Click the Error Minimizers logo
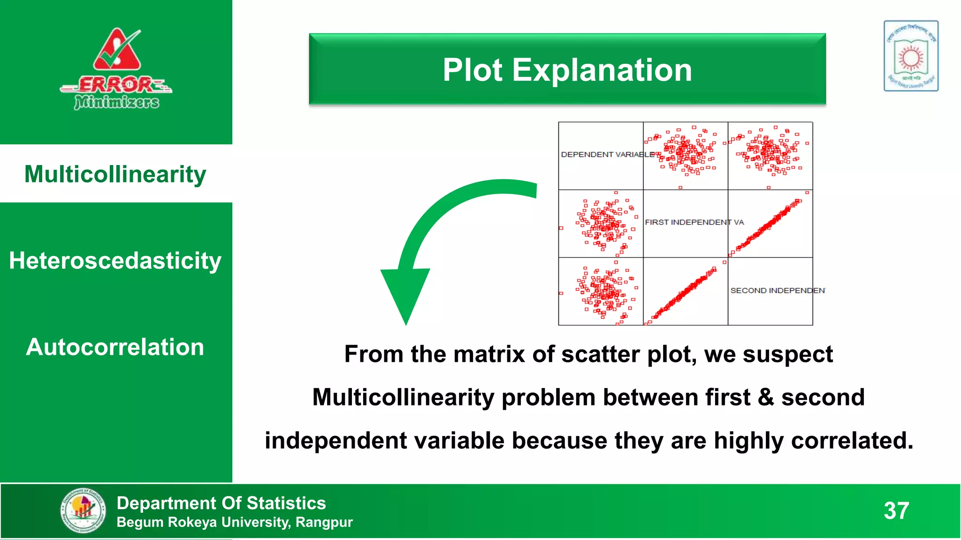point(116,69)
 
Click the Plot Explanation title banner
point(567,69)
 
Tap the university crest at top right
point(911,56)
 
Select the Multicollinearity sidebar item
point(115,174)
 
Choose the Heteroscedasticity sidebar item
point(115,261)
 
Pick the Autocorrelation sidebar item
point(115,347)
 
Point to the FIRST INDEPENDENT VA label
point(694,222)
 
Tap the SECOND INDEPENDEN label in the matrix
point(777,291)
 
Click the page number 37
point(896,510)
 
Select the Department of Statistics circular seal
point(83,510)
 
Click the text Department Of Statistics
point(221,503)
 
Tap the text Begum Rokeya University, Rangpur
point(235,522)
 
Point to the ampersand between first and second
point(766,397)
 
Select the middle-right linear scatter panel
point(770,224)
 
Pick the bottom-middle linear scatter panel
point(685,292)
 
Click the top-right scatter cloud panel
point(770,156)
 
